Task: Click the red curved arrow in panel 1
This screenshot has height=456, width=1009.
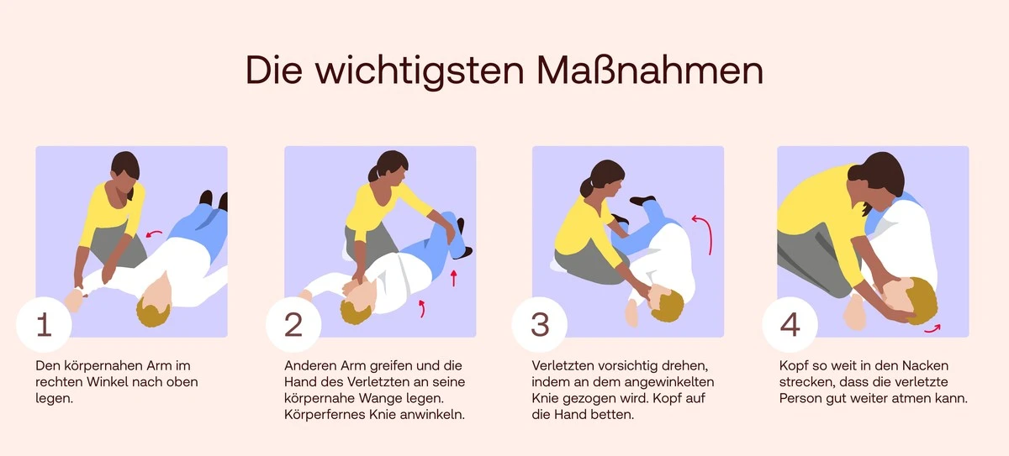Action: click(x=153, y=233)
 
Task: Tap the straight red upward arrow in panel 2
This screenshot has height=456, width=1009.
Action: click(x=453, y=277)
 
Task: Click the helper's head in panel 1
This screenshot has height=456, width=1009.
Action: click(x=125, y=171)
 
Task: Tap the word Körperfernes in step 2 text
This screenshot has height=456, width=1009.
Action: click(x=323, y=414)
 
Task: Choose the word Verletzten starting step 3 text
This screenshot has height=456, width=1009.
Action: click(x=563, y=366)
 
